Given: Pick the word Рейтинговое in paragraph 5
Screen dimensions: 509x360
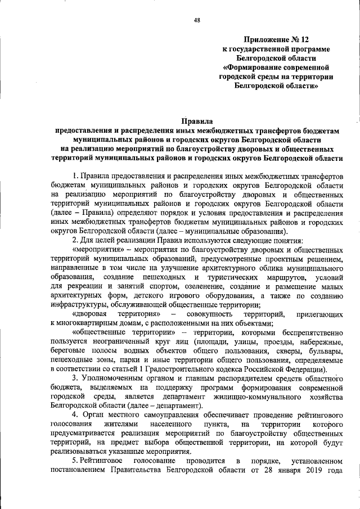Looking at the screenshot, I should pyautogui.click(x=109, y=462).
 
